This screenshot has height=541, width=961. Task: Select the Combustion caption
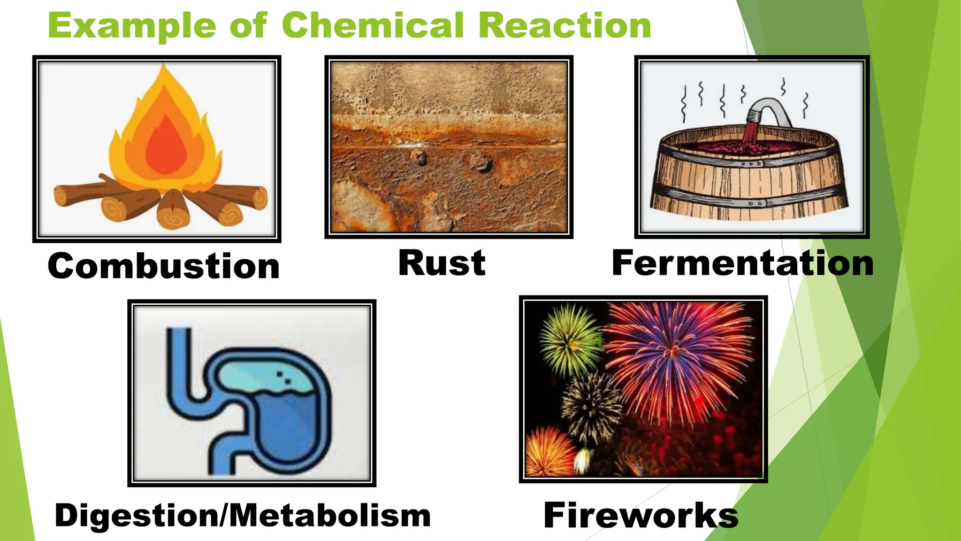click(x=163, y=266)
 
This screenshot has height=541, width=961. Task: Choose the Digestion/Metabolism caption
click(x=243, y=515)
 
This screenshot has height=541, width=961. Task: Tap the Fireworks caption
click(x=641, y=515)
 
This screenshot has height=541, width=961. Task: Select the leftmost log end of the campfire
click(x=61, y=195)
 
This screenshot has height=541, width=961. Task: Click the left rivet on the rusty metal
click(x=419, y=157)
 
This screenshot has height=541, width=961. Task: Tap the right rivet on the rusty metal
click(x=480, y=162)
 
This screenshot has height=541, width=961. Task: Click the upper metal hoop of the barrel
click(x=751, y=164)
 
